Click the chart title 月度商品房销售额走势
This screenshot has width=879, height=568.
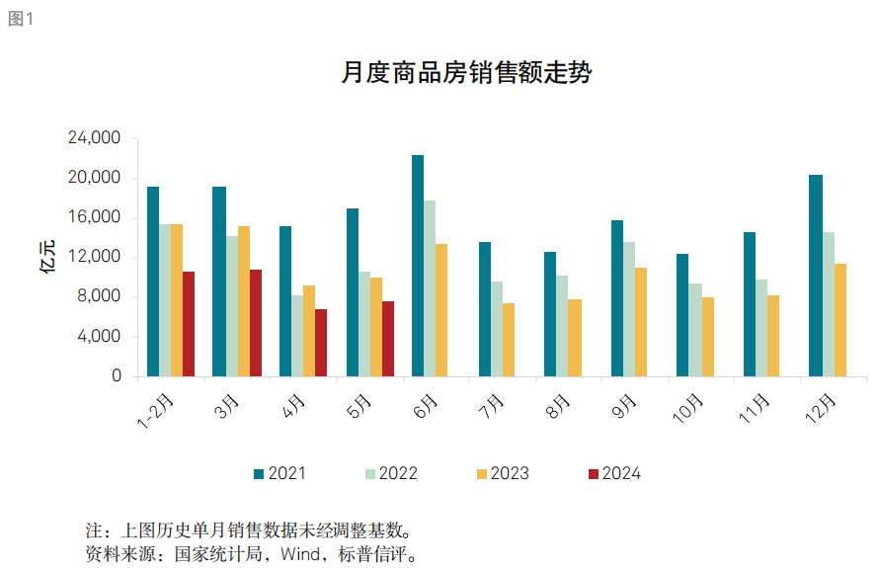click(x=465, y=73)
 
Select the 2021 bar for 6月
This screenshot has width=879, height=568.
click(x=418, y=266)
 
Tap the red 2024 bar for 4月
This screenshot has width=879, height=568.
click(x=321, y=343)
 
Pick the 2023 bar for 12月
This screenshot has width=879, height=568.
click(x=839, y=320)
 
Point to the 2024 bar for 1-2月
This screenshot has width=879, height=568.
click(x=189, y=324)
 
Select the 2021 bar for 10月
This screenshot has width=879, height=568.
click(x=682, y=315)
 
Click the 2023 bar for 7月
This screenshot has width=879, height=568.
click(x=509, y=340)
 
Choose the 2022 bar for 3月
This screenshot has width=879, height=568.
click(x=232, y=306)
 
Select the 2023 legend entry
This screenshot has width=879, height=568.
click(x=503, y=474)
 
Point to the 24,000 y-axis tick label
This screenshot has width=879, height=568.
click(x=94, y=138)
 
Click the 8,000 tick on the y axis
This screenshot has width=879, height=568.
click(x=100, y=297)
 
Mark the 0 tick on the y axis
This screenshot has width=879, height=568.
click(x=117, y=376)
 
